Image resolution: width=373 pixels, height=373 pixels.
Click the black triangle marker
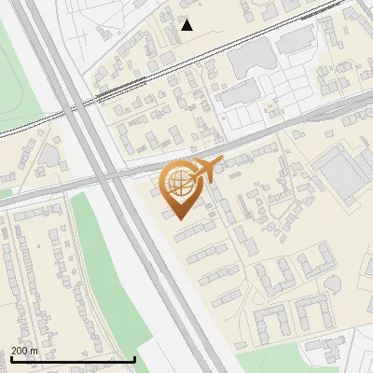pyautogui.click(x=187, y=25)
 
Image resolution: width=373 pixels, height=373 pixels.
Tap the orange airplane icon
pyautogui.click(x=204, y=171)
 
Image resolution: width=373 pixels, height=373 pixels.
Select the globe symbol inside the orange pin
pyautogui.click(x=179, y=185)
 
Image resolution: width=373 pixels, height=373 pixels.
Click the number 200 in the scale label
pyautogui.click(x=21, y=351)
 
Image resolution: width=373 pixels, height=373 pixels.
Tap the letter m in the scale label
pyautogui.click(x=35, y=351)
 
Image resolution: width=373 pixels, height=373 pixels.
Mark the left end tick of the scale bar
pyautogui.click(x=11, y=359)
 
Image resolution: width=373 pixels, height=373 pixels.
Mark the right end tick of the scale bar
pyautogui.click(x=135, y=359)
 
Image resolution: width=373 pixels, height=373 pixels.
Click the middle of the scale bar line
pyautogui.click(x=73, y=360)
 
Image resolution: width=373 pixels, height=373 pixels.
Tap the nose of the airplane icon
pyautogui.click(x=221, y=163)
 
